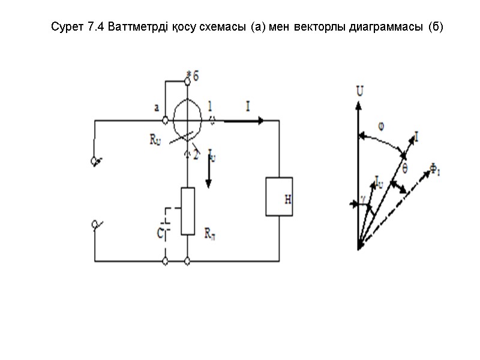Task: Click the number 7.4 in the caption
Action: pos(86,28)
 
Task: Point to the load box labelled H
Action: pos(279,196)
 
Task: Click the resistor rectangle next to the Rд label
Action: pos(188,211)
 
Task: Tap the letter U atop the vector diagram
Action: pos(360,92)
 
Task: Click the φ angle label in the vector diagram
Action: pos(381,127)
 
